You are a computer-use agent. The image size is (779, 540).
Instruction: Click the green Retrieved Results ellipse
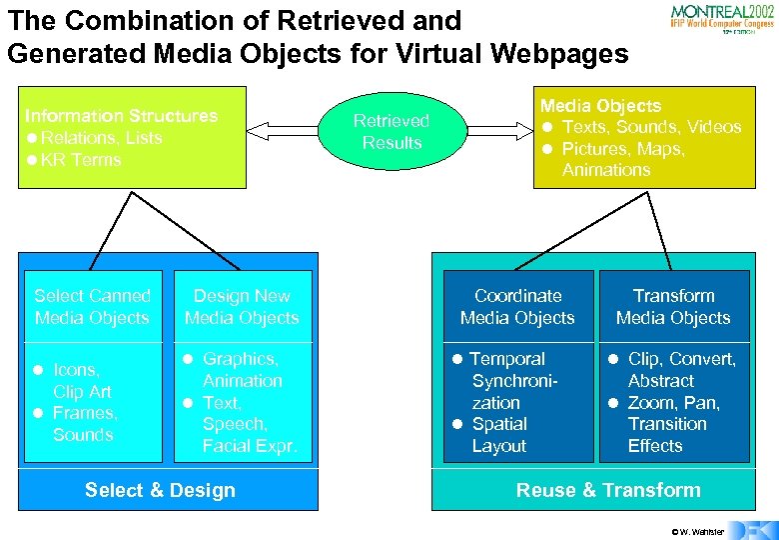pyautogui.click(x=391, y=132)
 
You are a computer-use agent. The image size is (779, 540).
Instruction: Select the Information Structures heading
pyautogui.click(x=121, y=116)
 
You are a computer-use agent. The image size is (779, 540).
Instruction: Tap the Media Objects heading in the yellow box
pyautogui.click(x=600, y=105)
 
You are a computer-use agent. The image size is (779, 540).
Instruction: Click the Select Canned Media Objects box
pyautogui.click(x=92, y=307)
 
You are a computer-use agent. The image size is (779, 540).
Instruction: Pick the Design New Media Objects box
pyautogui.click(x=242, y=307)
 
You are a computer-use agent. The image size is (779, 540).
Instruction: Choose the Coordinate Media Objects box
pyautogui.click(x=517, y=307)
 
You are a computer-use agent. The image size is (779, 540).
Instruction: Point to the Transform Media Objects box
pyautogui.click(x=673, y=307)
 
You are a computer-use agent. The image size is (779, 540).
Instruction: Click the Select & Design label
pyautogui.click(x=160, y=490)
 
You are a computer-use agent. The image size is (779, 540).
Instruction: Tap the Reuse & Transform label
pyautogui.click(x=608, y=490)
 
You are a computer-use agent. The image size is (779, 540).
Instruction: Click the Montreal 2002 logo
pyautogui.click(x=720, y=17)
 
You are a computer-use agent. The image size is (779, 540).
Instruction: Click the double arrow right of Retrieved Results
pyautogui.click(x=495, y=130)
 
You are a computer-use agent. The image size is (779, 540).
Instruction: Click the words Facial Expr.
pyautogui.click(x=250, y=446)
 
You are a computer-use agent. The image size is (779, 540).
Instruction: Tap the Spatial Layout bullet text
pyautogui.click(x=499, y=435)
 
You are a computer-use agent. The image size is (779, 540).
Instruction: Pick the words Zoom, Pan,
pyautogui.click(x=674, y=403)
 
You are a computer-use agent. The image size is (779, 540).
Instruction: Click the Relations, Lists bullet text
pyautogui.click(x=102, y=138)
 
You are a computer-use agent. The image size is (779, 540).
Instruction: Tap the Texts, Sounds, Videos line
pyautogui.click(x=651, y=127)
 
